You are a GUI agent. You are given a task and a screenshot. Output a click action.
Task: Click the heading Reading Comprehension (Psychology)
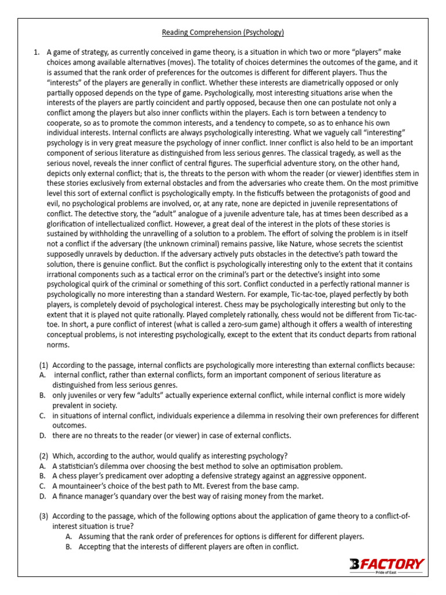[223, 32]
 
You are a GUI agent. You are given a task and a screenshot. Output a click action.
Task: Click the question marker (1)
[44, 365]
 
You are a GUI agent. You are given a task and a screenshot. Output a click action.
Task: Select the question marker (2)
[44, 455]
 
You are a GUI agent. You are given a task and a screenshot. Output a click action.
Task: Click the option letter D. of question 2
[42, 496]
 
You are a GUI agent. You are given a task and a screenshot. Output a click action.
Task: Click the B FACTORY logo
[386, 564]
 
